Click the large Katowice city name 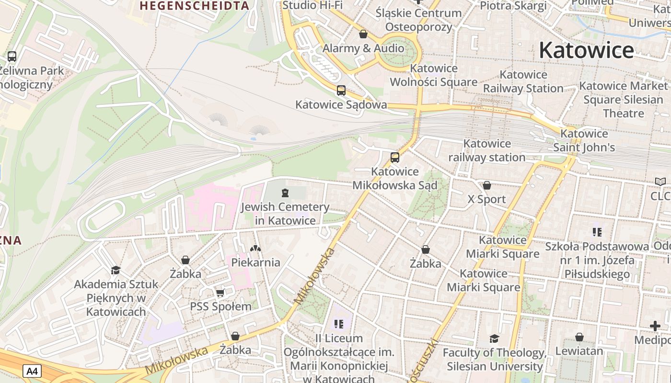pos(587,50)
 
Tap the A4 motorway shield pos(32,371)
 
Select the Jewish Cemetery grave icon pos(285,193)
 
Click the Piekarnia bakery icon pos(255,248)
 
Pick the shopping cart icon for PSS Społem pos(220,293)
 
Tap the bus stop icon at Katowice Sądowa pos(341,90)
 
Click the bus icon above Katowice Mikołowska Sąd pos(395,157)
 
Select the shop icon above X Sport pos(487,185)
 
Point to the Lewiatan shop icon pos(579,337)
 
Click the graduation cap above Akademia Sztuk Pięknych pos(116,270)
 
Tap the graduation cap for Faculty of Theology pos(494,339)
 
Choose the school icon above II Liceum pos(339,324)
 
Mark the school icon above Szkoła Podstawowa pos(597,232)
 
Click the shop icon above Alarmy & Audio pos(363,34)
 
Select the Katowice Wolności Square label pos(433,75)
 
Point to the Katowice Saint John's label pos(584,140)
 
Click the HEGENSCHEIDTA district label pos(195,6)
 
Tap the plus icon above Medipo pos(655,326)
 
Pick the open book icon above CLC pos(660,182)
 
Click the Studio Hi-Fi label pos(313,5)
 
